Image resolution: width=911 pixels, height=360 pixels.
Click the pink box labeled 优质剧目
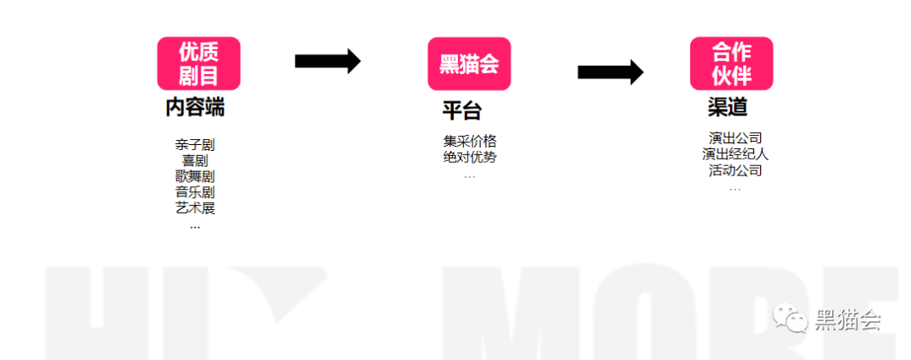(198, 63)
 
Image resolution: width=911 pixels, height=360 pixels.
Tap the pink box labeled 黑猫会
(469, 64)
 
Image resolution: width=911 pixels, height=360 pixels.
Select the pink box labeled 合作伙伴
(731, 63)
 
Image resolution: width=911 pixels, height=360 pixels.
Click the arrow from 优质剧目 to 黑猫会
(327, 61)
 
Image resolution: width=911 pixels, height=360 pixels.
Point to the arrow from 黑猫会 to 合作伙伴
(610, 72)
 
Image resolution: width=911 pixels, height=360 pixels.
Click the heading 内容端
(195, 108)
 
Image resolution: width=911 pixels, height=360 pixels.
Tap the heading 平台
(461, 110)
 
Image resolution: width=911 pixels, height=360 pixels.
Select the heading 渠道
(727, 108)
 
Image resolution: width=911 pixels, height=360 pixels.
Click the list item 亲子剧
(195, 145)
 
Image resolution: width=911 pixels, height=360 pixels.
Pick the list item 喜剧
(195, 160)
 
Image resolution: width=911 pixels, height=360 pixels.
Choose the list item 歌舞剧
(195, 176)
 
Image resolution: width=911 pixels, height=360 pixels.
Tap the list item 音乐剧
(195, 192)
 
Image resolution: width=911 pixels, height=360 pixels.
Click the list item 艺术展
(195, 208)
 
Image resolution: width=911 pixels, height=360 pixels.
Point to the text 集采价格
(470, 141)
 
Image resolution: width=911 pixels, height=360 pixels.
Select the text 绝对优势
(470, 157)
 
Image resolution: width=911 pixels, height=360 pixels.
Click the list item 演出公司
(736, 138)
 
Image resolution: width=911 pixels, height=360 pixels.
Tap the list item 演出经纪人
(736, 154)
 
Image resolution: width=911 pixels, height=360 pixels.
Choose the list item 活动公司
(736, 170)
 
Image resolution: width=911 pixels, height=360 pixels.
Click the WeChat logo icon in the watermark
(791, 319)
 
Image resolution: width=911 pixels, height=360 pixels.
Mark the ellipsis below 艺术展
(195, 226)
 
